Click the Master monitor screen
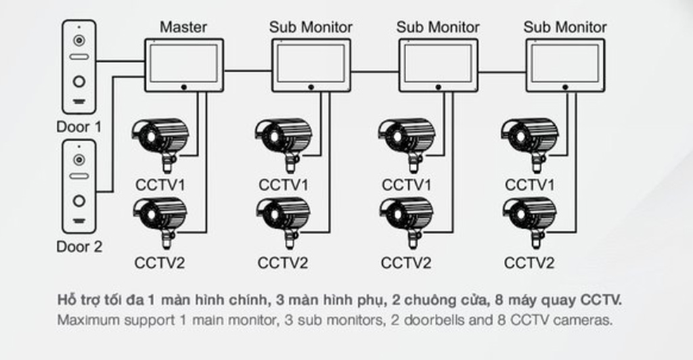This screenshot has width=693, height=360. (183, 63)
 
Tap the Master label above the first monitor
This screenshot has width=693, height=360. (183, 28)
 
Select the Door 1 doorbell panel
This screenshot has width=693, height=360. (79, 66)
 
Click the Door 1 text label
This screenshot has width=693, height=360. (79, 127)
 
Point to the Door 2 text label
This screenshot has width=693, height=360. (79, 246)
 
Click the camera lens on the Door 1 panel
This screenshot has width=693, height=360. (80, 40)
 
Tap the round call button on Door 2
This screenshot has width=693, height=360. (80, 201)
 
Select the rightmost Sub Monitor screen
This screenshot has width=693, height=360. (565, 63)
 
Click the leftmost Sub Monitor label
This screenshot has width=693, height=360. (311, 28)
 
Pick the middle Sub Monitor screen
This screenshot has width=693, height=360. (438, 63)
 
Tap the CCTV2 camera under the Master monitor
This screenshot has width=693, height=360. (160, 218)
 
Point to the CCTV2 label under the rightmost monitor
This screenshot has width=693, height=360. (529, 263)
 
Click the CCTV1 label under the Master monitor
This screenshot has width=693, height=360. (160, 185)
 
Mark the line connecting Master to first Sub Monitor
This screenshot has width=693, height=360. (248, 70)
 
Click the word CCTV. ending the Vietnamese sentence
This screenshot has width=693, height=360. (601, 299)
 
